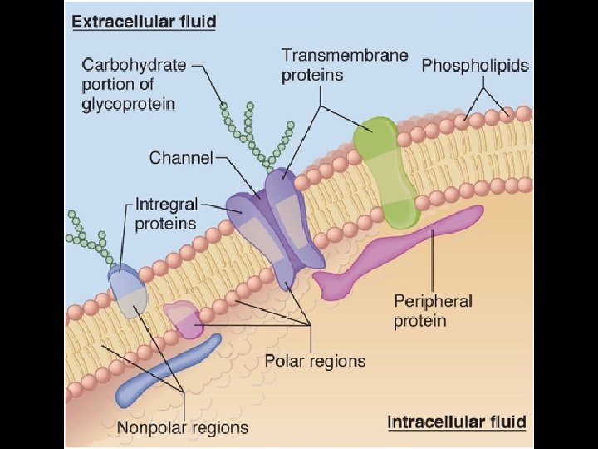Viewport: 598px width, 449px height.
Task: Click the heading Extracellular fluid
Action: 144,22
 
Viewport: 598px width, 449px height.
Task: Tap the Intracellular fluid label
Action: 457,422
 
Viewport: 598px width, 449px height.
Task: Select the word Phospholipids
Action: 475,65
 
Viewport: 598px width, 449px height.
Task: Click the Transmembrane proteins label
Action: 344,65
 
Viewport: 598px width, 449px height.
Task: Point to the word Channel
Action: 181,157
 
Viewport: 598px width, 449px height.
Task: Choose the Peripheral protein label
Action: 433,310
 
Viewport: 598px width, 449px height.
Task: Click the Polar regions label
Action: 315,361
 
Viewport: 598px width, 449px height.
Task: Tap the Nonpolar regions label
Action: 183,428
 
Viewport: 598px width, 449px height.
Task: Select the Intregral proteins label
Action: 166,213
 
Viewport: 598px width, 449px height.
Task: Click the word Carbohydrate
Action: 133,64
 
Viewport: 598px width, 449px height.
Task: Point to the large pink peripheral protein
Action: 399,254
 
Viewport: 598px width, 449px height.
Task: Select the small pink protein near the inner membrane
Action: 184,319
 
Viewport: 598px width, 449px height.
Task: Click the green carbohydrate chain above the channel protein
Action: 257,133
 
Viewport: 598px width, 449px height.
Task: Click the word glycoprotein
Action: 128,104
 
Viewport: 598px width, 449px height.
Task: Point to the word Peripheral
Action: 433,301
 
